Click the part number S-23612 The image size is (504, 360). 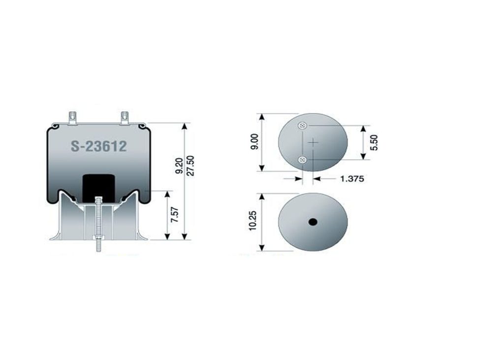click(x=98, y=146)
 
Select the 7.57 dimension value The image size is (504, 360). click(x=175, y=215)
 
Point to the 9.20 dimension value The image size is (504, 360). click(x=179, y=166)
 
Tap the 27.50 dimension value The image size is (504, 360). click(x=190, y=165)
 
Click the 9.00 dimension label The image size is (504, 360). click(x=254, y=142)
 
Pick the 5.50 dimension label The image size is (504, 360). click(x=374, y=142)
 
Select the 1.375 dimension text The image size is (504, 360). click(x=352, y=179)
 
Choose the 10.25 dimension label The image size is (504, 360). click(x=252, y=220)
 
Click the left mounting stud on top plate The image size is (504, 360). click(x=73, y=118)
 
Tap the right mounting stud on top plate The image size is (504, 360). click(x=125, y=118)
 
